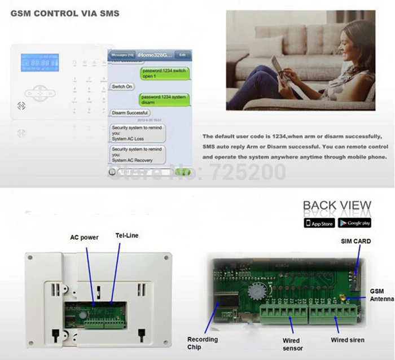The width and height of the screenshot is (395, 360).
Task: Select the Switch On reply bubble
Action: point(122,86)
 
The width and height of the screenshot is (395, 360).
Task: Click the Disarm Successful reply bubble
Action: point(130,113)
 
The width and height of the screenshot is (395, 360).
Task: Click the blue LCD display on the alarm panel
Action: point(39,62)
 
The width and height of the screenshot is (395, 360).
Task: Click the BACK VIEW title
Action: point(337,206)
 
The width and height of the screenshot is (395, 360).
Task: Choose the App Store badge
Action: point(319,223)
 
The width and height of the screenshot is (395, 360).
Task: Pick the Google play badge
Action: point(354,223)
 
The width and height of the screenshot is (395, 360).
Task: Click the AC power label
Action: point(84,238)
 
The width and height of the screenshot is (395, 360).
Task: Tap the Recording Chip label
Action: point(202,343)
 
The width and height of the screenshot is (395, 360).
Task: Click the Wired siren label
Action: point(348,340)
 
